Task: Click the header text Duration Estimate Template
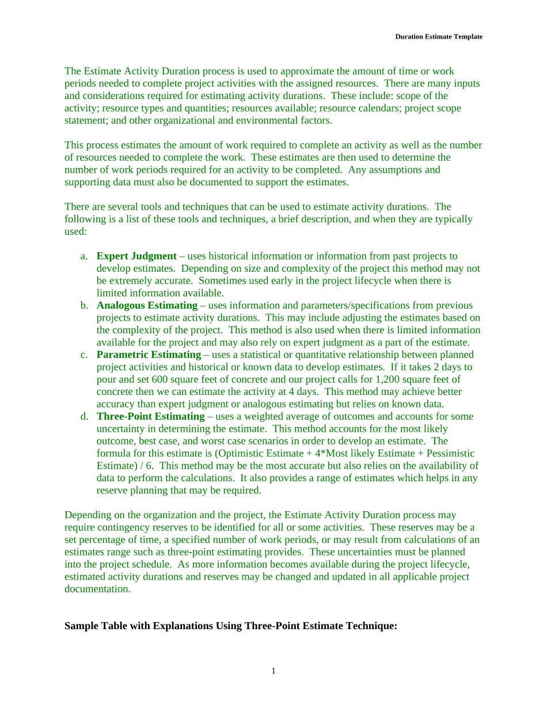tap(439, 37)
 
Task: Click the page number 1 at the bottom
tap(273, 671)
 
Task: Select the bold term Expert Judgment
tap(136, 256)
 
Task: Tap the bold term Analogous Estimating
tap(147, 306)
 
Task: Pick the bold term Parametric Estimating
tap(149, 355)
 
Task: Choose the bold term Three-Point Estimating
tap(150, 416)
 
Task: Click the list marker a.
tap(84, 256)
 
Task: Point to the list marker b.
tap(84, 306)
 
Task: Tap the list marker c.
tap(84, 355)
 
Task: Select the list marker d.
tap(84, 416)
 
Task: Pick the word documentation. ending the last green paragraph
tap(98, 589)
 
